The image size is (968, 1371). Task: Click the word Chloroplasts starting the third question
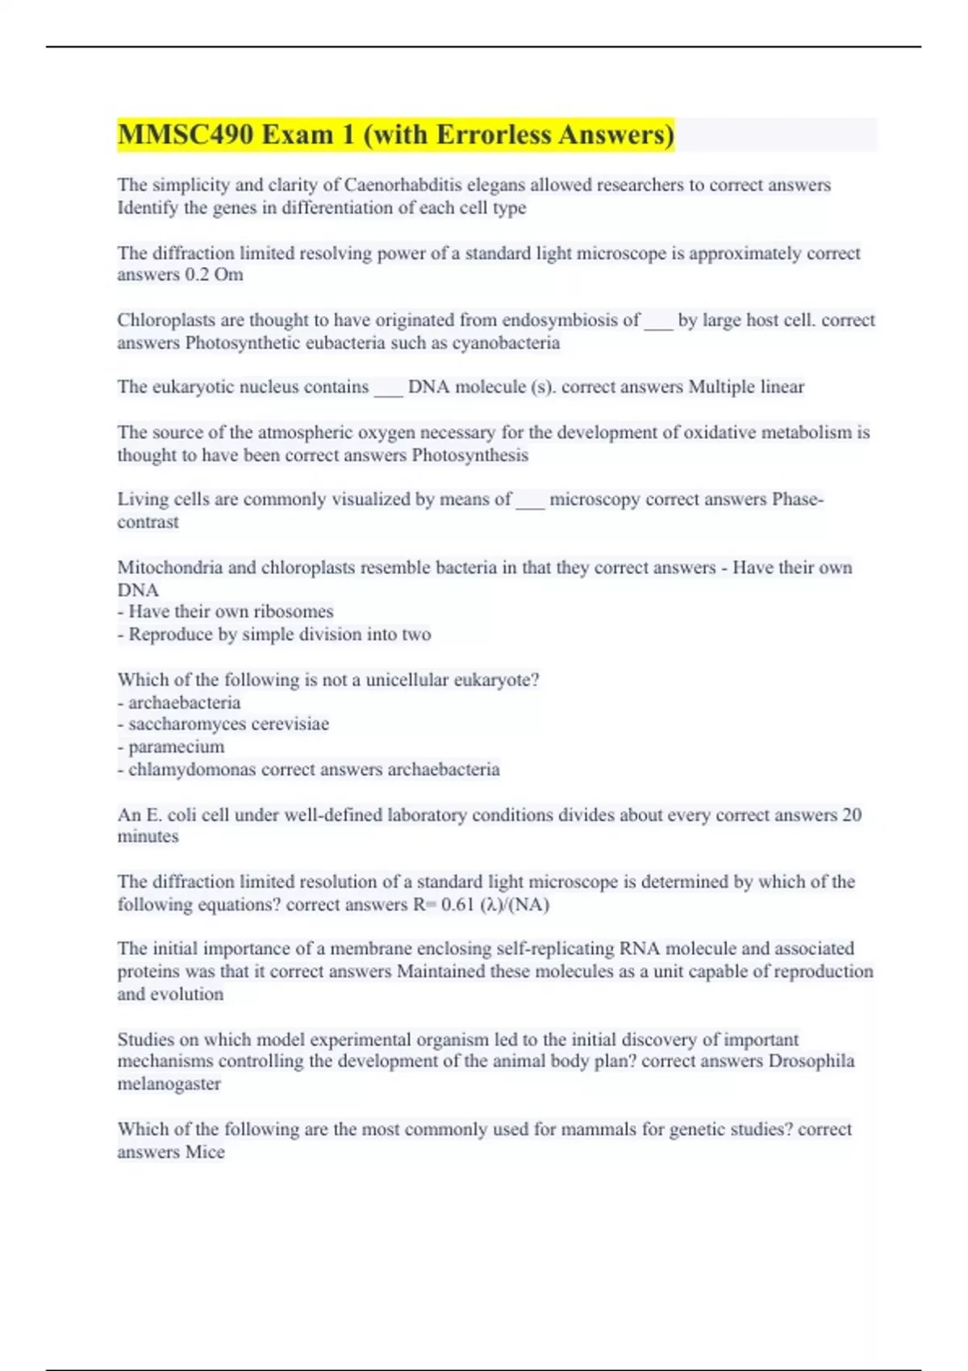click(x=166, y=320)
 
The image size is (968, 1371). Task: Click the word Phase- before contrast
click(x=798, y=499)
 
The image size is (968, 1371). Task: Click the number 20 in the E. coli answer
click(x=852, y=815)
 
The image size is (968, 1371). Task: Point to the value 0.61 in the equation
click(x=457, y=905)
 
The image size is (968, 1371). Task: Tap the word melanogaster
click(x=169, y=1084)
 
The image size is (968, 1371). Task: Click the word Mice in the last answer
click(x=205, y=1152)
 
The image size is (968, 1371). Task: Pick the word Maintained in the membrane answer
click(x=440, y=972)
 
